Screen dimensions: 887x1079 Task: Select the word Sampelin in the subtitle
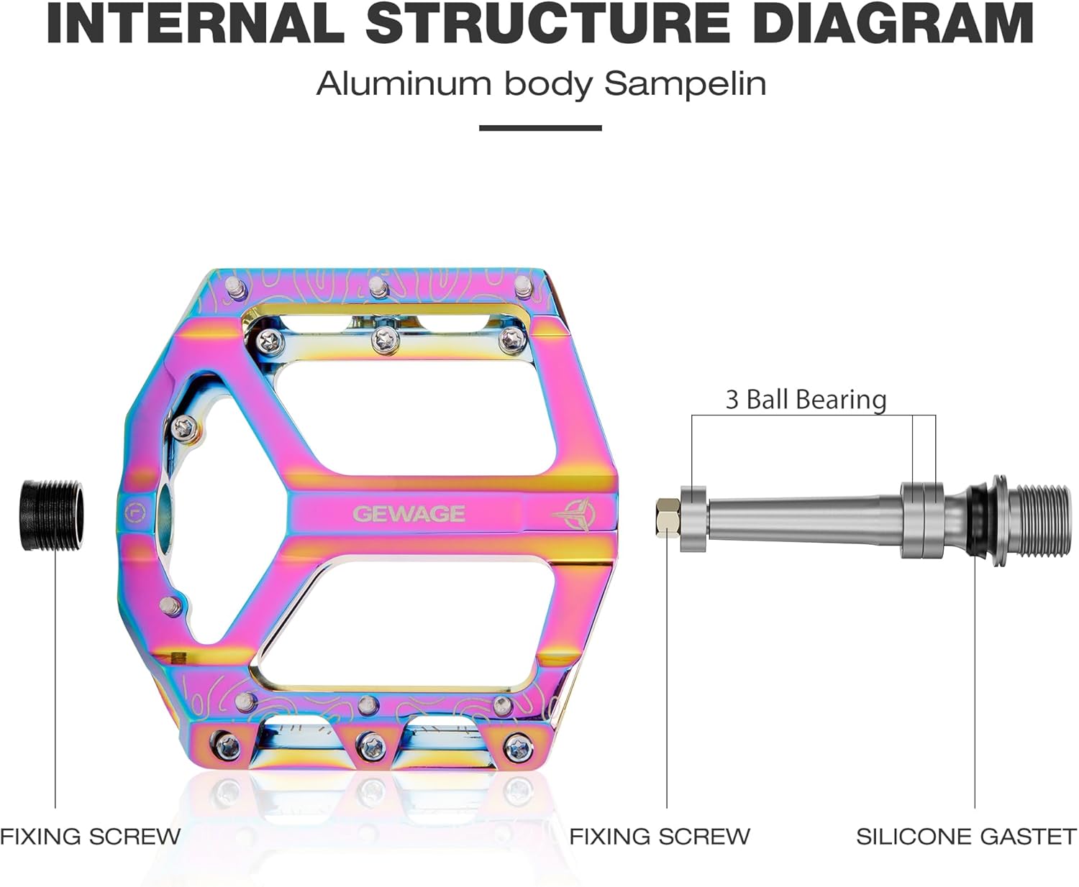coord(685,84)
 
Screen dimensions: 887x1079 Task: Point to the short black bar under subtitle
coord(540,128)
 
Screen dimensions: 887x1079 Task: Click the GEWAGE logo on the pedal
coord(409,514)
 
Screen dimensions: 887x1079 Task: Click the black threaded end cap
coord(52,515)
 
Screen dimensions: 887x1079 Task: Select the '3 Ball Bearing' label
coord(806,400)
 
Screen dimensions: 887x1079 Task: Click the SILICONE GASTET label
coord(966,837)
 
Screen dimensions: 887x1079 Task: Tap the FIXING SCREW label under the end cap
coord(90,837)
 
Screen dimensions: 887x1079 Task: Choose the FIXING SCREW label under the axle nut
coord(660,837)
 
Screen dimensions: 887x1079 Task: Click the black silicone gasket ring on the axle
coord(977,518)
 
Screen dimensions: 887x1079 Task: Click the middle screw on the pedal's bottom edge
coord(370,745)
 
